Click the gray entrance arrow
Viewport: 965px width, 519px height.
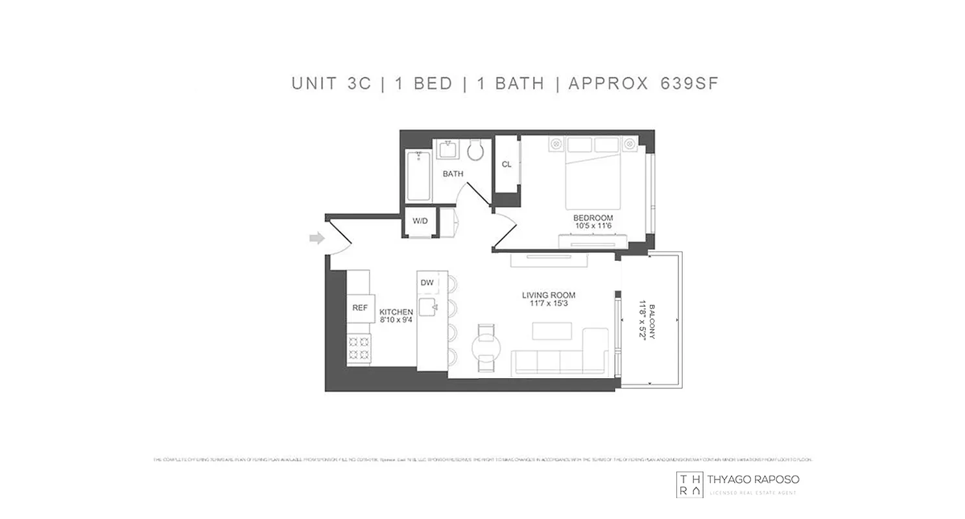pyautogui.click(x=316, y=239)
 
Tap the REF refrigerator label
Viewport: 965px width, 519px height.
pyautogui.click(x=359, y=308)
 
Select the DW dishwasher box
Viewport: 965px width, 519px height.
pyautogui.click(x=427, y=283)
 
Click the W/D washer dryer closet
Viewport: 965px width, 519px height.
pyautogui.click(x=420, y=221)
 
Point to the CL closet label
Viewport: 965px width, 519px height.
pyautogui.click(x=506, y=165)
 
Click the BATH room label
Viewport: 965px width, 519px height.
pyautogui.click(x=453, y=174)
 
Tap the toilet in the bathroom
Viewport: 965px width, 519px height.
pyautogui.click(x=475, y=151)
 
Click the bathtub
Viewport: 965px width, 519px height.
pyautogui.click(x=418, y=175)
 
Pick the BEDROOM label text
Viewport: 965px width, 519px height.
pyautogui.click(x=593, y=217)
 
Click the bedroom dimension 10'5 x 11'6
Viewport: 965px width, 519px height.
pyautogui.click(x=593, y=226)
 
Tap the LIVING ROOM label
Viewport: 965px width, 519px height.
pyautogui.click(x=549, y=295)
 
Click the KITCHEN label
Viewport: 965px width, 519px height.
pyautogui.click(x=396, y=312)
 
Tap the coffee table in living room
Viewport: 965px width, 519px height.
pyautogui.click(x=553, y=331)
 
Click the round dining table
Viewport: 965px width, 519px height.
pyautogui.click(x=485, y=347)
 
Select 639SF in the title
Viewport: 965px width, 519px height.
pyautogui.click(x=689, y=84)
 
